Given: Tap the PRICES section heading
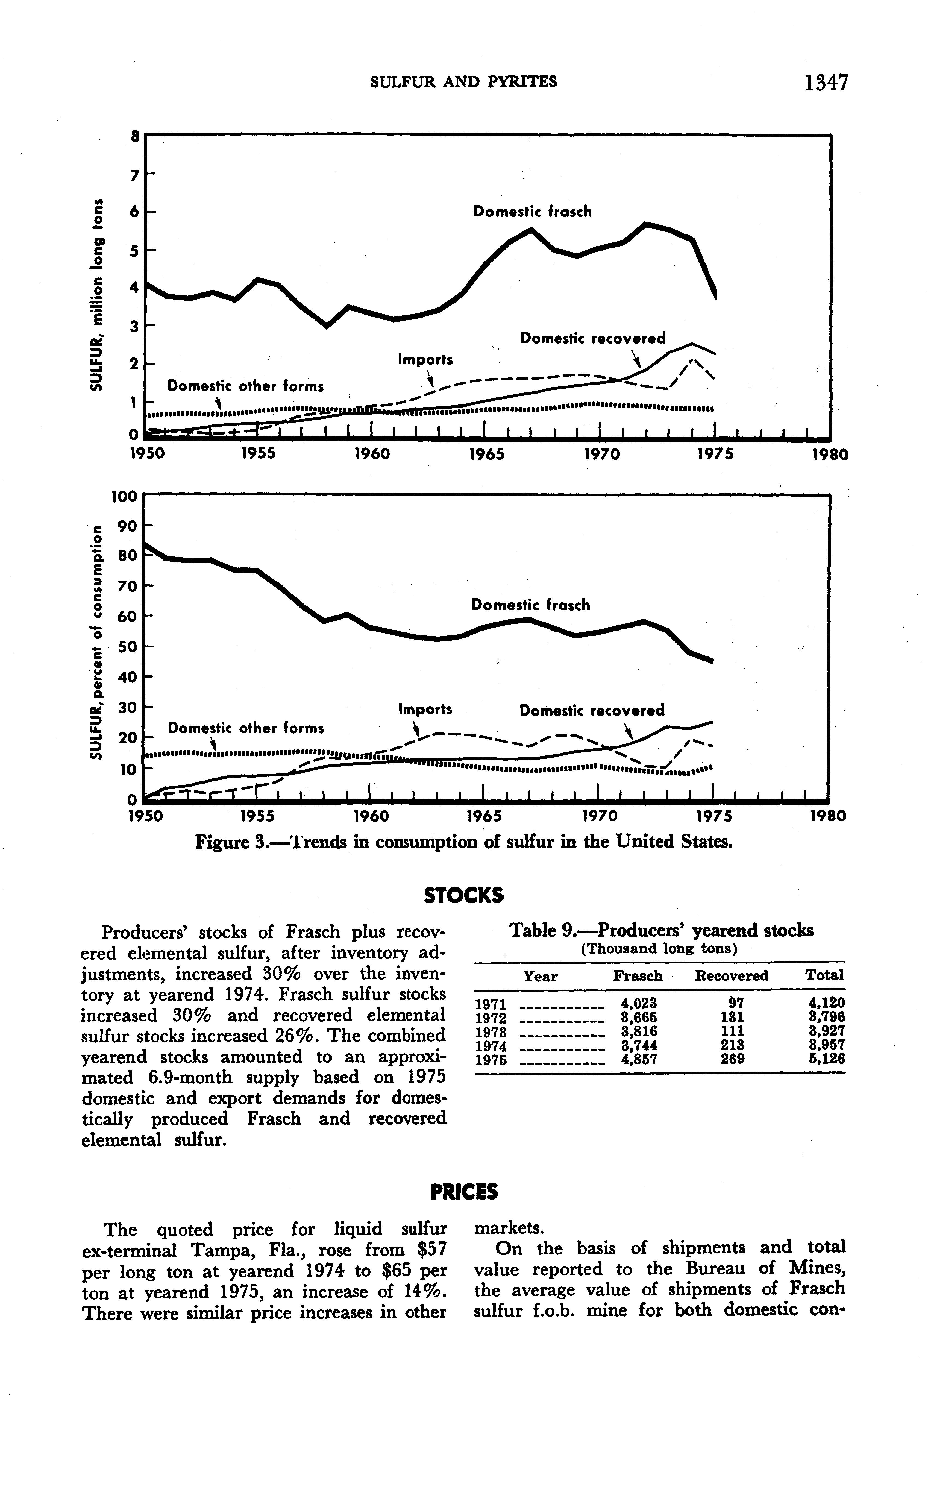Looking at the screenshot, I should click(464, 1191).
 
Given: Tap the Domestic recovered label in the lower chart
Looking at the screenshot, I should click(592, 710).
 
